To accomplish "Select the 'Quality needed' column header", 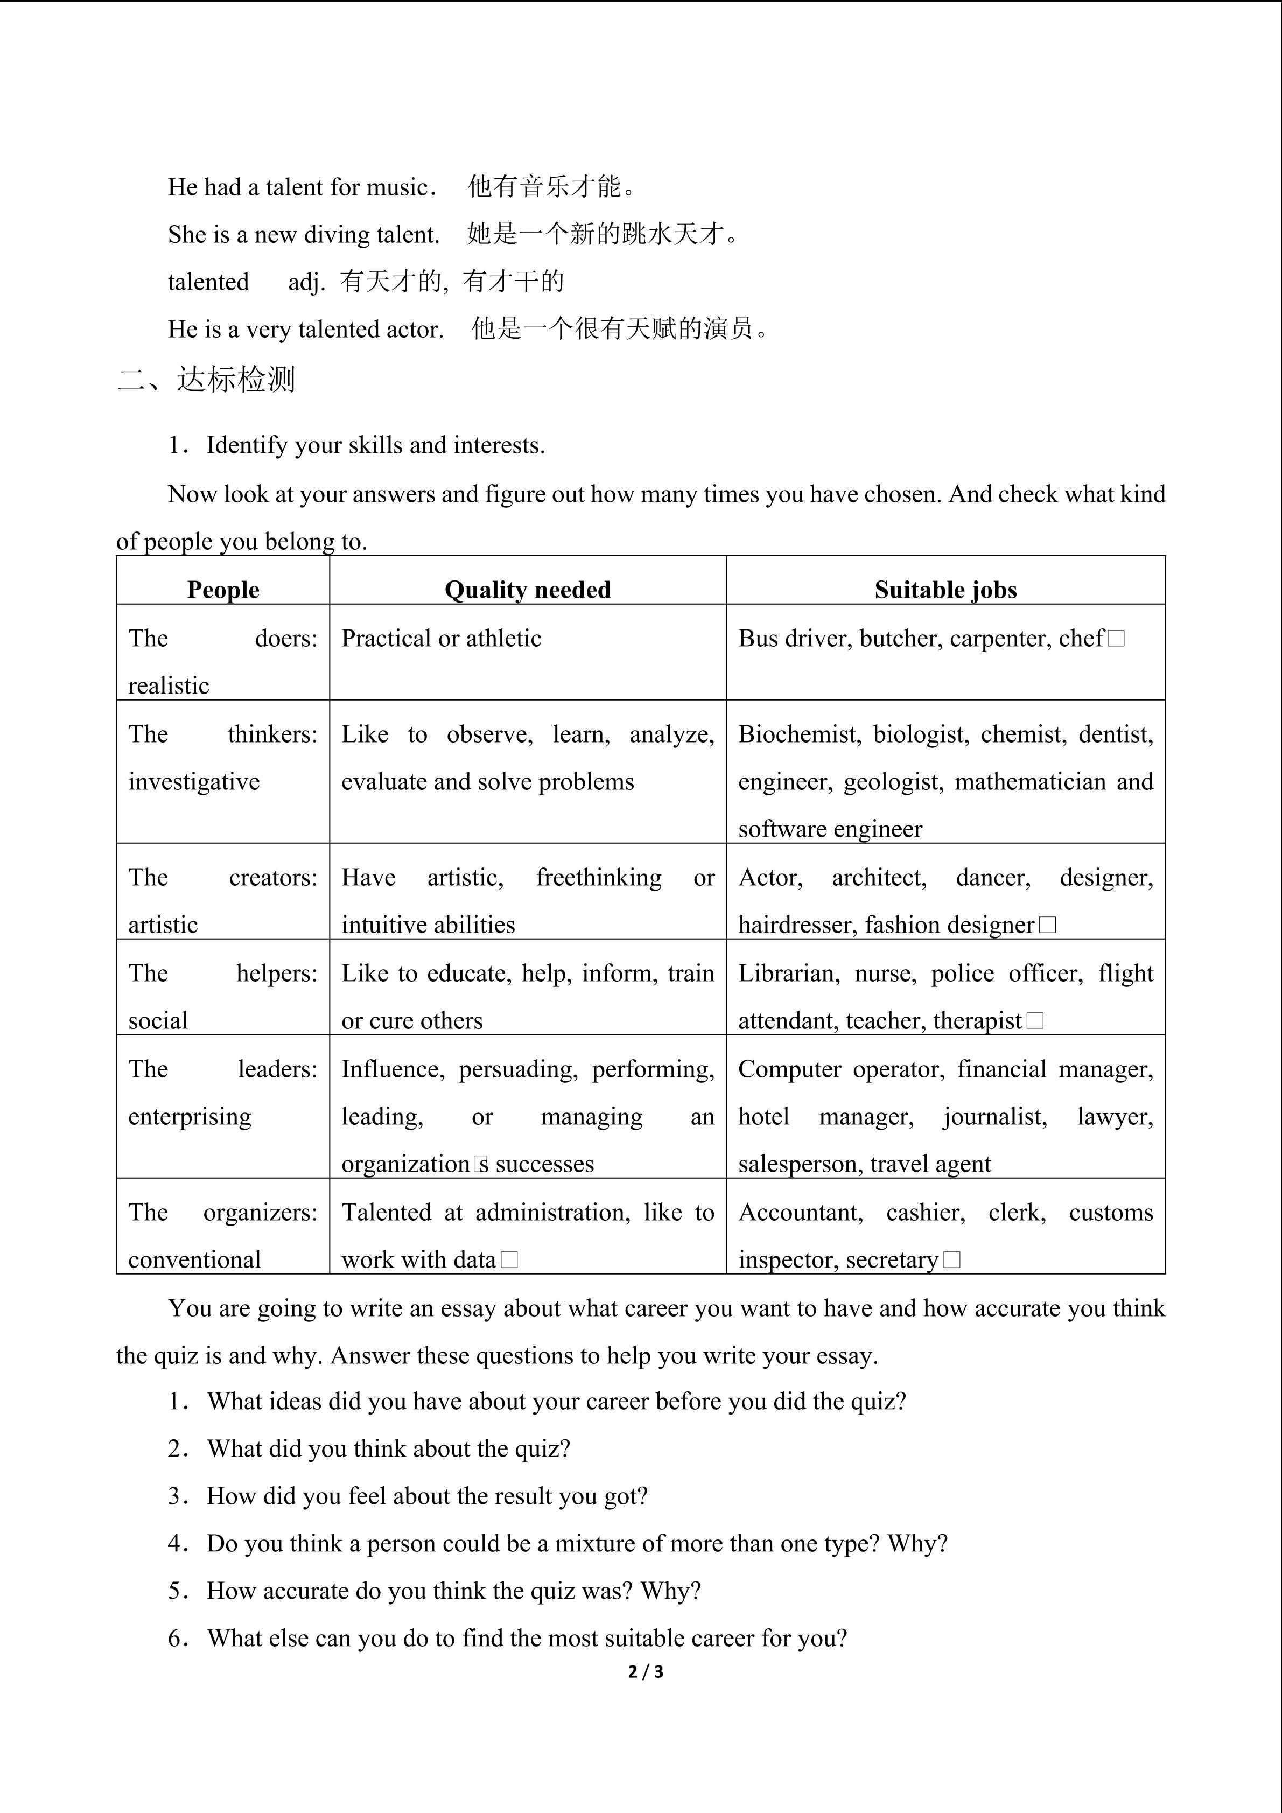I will pos(527,590).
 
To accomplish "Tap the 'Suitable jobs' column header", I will pos(945,590).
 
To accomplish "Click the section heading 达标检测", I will pos(235,380).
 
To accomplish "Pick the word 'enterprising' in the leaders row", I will pos(190,1117).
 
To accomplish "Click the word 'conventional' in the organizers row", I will pos(194,1259).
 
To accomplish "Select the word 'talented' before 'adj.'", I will pos(208,282).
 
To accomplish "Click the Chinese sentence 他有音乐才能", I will pos(551,187).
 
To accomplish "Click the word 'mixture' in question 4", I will pos(594,1544).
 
